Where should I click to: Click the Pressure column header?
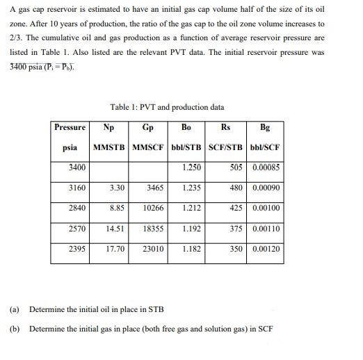(x=70, y=128)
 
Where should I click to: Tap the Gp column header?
(x=147, y=128)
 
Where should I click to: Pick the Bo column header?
(x=186, y=128)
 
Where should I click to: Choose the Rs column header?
(x=226, y=128)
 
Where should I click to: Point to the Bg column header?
(x=265, y=128)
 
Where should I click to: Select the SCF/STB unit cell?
(x=227, y=149)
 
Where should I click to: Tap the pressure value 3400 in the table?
(x=77, y=167)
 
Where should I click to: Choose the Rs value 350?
(x=236, y=247)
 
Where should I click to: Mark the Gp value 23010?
(x=153, y=247)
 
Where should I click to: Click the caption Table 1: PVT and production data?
(x=167, y=107)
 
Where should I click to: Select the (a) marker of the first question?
(x=14, y=309)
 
